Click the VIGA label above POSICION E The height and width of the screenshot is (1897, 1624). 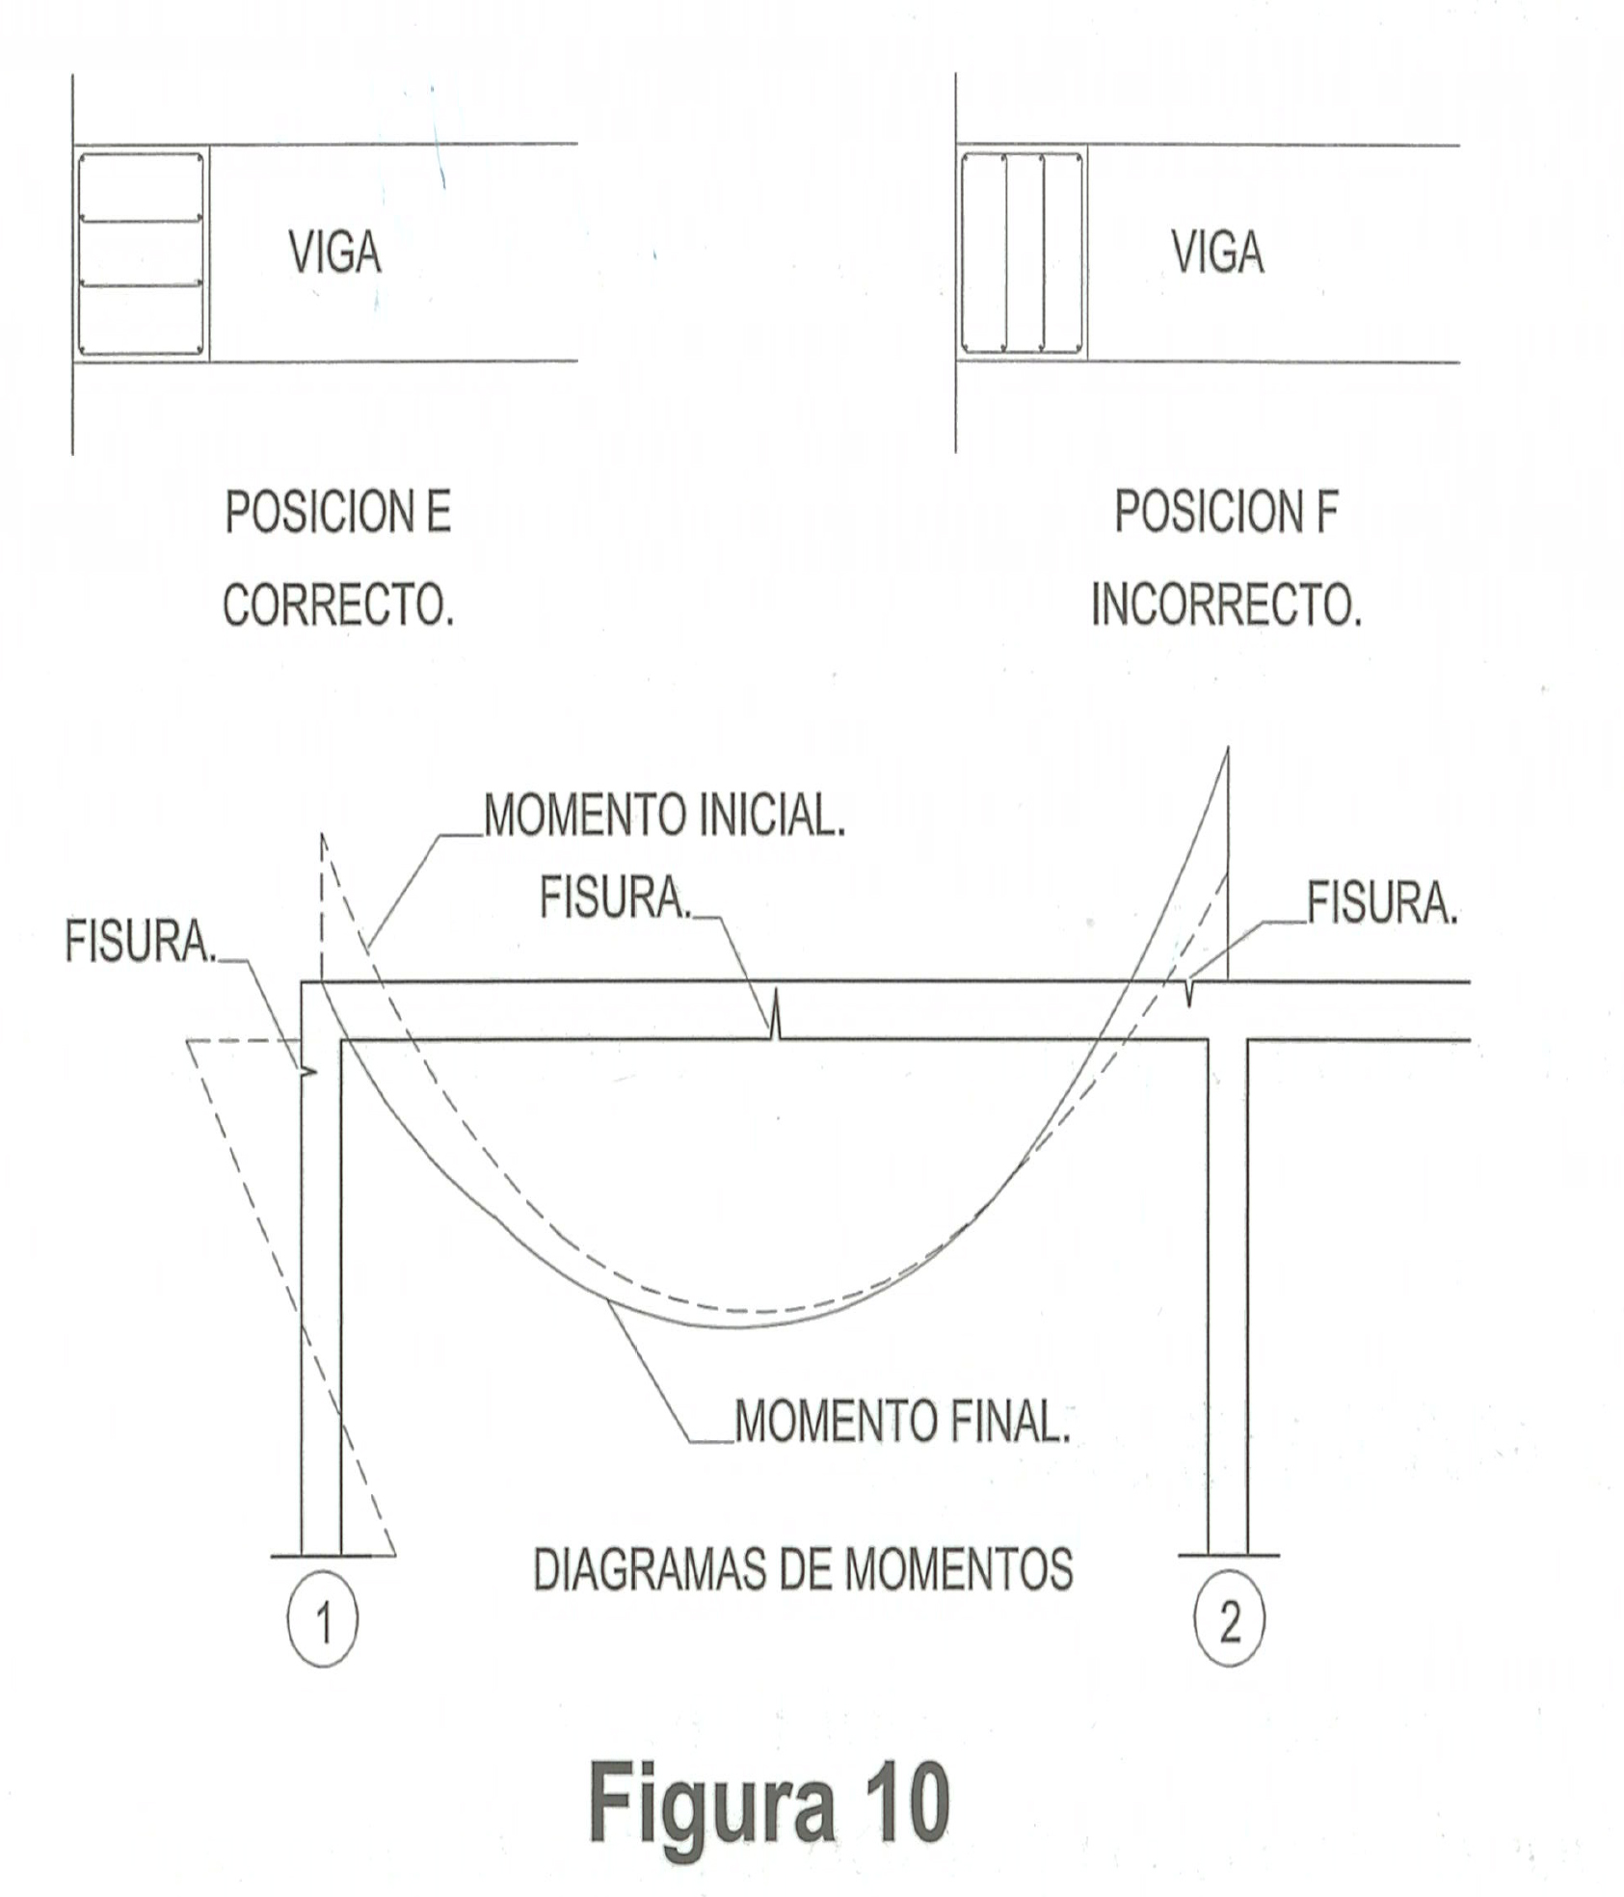(334, 253)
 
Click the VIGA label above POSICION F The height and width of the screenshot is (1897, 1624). (1217, 253)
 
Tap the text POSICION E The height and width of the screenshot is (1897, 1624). (338, 512)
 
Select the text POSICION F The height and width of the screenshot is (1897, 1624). (1226, 512)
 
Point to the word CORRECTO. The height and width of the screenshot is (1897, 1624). (338, 605)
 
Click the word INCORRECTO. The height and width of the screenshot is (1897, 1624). (1226, 605)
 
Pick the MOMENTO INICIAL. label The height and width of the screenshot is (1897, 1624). (664, 815)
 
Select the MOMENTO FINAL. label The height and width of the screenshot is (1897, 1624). (902, 1421)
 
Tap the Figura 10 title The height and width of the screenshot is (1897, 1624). (769, 1801)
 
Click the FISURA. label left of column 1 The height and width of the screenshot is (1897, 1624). (141, 941)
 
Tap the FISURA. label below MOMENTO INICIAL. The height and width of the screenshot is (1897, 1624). (615, 898)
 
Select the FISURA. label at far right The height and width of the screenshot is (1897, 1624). (1381, 904)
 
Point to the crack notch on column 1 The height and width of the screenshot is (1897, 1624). (308, 1072)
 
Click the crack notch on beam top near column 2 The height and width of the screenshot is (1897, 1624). (1189, 992)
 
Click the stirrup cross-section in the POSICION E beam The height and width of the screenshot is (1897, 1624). (141, 254)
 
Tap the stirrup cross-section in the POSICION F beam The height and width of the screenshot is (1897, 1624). (1022, 254)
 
